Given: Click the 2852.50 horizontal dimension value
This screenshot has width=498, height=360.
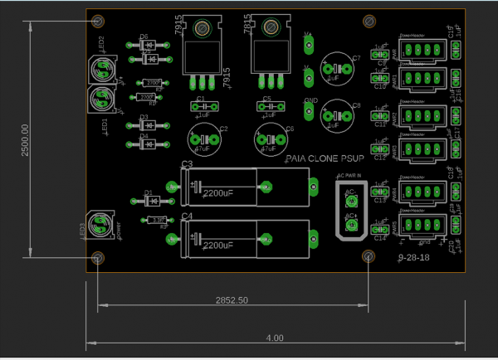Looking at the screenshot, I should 232,299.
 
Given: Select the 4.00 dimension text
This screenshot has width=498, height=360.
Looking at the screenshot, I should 275,338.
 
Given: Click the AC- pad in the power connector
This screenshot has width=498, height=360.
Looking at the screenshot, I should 351,200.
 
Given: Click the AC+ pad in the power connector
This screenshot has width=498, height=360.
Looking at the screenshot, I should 351,223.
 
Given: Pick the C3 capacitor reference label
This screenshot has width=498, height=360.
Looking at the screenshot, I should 187,165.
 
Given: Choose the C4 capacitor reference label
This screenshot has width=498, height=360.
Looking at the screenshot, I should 187,216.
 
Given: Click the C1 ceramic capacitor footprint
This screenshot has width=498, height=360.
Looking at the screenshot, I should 201,106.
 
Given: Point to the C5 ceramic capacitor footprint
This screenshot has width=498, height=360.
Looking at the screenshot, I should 267,106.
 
